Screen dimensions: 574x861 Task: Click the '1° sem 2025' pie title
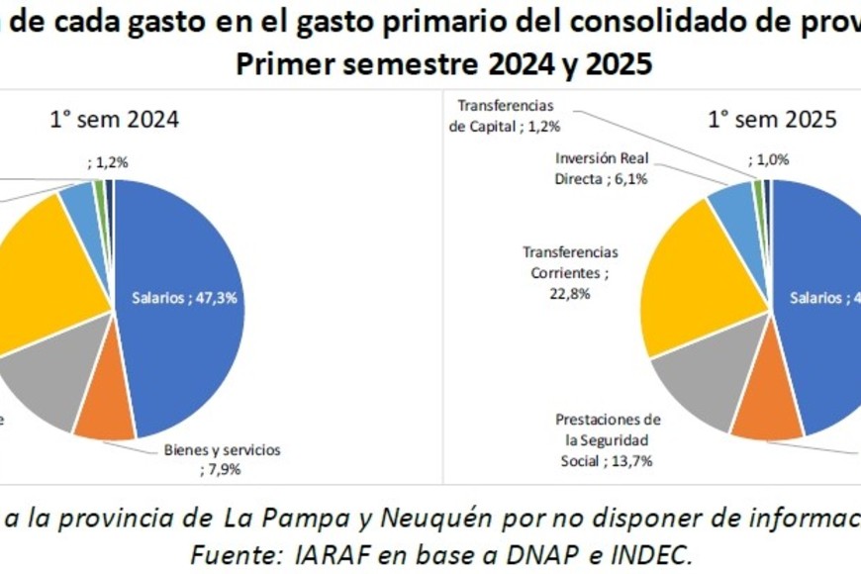pyautogui.click(x=772, y=120)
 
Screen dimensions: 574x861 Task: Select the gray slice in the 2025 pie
pyautogui.click(x=698, y=381)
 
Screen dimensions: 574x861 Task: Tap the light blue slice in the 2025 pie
pyautogui.click(x=733, y=202)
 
